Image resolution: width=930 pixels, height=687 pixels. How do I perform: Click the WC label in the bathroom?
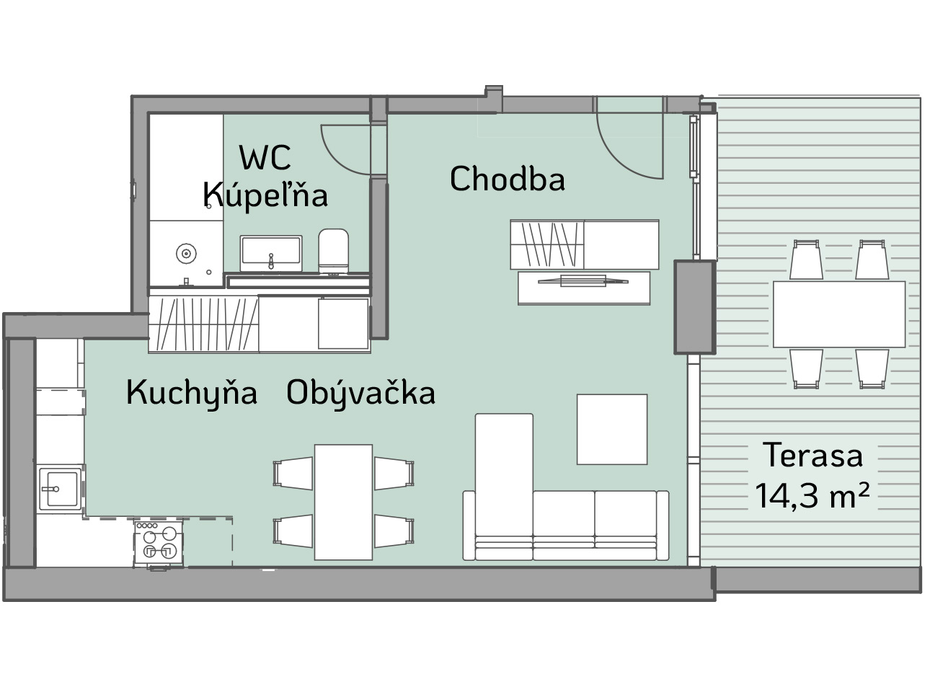(x=265, y=157)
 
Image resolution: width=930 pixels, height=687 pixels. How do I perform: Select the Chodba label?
(x=508, y=179)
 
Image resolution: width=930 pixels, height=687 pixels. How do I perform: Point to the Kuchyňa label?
(x=192, y=394)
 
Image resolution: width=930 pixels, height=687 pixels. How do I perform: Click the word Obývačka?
(x=360, y=394)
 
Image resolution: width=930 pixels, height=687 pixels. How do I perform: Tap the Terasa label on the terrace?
(x=812, y=455)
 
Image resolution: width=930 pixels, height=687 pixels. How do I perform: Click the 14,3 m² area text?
(x=812, y=495)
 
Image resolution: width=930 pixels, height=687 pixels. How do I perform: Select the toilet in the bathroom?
(x=333, y=252)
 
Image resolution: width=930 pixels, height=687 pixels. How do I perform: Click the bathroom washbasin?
(x=271, y=253)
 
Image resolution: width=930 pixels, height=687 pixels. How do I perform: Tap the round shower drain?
(x=186, y=253)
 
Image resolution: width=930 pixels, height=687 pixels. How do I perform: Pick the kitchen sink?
(x=61, y=489)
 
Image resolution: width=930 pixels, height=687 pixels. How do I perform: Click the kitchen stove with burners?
(x=159, y=544)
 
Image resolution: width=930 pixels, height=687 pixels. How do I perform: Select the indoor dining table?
(x=343, y=502)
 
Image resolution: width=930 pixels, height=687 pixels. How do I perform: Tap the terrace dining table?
(x=839, y=314)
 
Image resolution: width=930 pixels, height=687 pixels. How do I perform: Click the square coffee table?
(x=612, y=429)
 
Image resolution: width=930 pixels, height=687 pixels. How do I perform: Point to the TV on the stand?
(x=583, y=281)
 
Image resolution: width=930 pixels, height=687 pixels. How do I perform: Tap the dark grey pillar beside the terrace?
(x=695, y=307)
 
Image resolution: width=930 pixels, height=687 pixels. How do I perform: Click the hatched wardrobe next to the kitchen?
(x=204, y=324)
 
